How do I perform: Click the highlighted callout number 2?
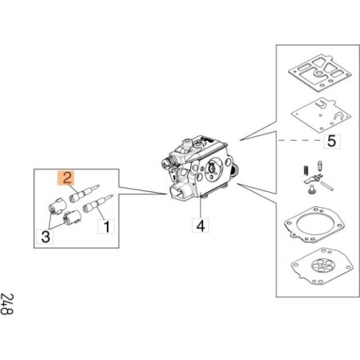click(67, 178)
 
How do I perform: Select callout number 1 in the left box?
click(107, 226)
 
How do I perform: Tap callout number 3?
click(45, 236)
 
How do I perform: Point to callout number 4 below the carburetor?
click(201, 225)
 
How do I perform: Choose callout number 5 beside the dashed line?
click(331, 141)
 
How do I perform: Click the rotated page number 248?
click(6, 303)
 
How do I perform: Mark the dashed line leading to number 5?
click(300, 140)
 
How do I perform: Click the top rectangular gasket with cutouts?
click(319, 73)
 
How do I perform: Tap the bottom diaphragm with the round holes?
click(322, 266)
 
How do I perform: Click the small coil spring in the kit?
click(306, 170)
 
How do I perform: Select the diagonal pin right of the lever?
click(327, 186)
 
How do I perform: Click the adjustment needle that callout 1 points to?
click(97, 203)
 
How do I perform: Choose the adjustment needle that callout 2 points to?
click(84, 194)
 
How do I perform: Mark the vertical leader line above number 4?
click(201, 207)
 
